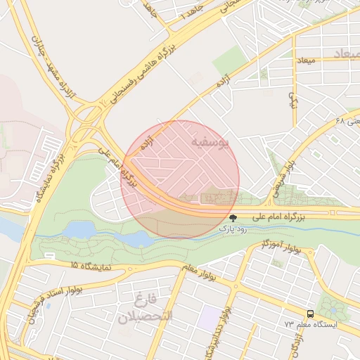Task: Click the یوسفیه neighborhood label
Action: [x=210, y=143]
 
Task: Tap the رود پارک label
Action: [x=233, y=229]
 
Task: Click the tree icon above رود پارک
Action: [x=233, y=218]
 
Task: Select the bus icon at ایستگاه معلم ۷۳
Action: [x=310, y=314]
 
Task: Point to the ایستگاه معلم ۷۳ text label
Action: [x=311, y=325]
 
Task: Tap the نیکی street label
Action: [x=293, y=98]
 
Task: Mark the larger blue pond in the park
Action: [x=79, y=229]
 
